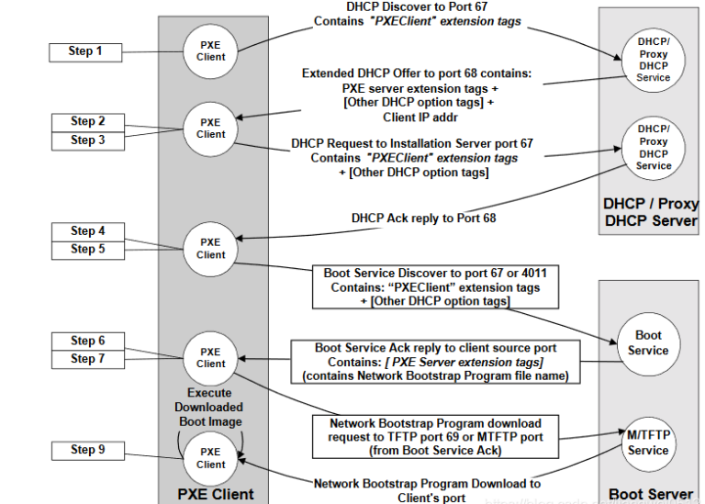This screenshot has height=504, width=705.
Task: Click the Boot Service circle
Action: pos(648,343)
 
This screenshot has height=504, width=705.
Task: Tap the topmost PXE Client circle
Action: pos(210,50)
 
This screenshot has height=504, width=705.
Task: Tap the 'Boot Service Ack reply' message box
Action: pos(429,362)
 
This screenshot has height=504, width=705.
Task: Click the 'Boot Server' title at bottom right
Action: pos(651,494)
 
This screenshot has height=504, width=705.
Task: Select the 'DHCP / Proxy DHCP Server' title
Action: pos(650,211)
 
